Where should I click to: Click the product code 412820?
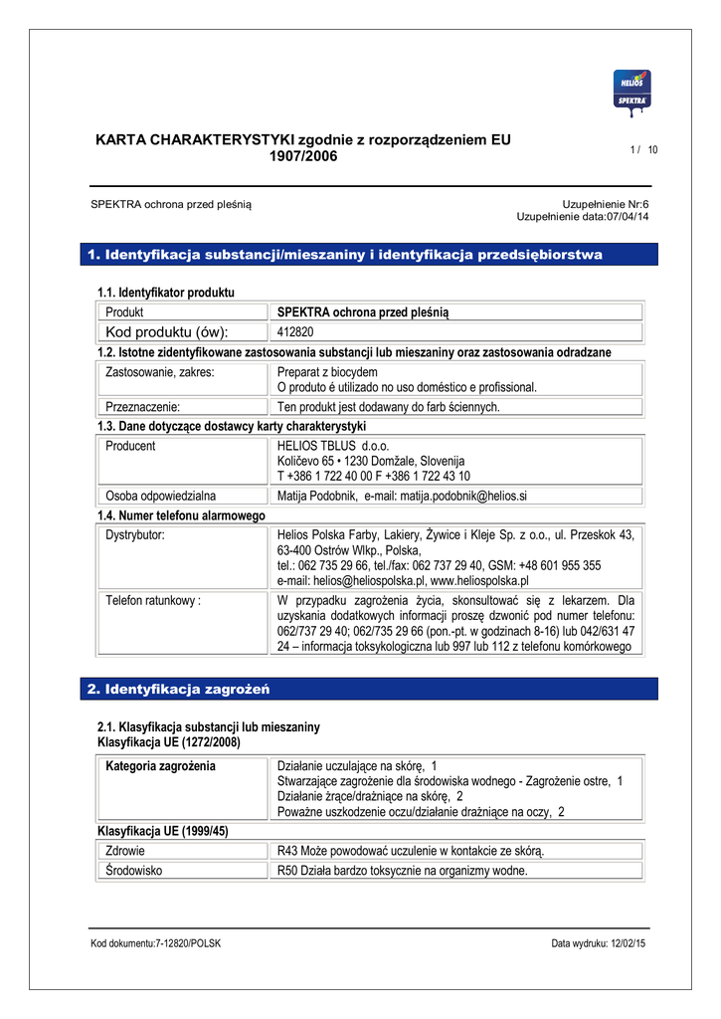[x=295, y=332]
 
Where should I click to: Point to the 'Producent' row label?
[x=130, y=447]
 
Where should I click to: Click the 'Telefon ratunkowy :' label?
[x=153, y=601]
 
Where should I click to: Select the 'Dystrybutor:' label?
[x=135, y=535]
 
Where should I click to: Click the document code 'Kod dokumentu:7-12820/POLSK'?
[x=155, y=943]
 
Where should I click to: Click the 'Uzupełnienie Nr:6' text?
[x=605, y=204]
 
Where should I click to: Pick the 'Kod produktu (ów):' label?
[x=166, y=332]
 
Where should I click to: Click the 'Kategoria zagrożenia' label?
[x=160, y=766]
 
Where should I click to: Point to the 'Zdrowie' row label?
[x=125, y=851]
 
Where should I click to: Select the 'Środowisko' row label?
[x=134, y=871]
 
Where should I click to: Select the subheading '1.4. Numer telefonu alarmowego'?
[x=181, y=516]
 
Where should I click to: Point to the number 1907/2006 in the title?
[x=303, y=156]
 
